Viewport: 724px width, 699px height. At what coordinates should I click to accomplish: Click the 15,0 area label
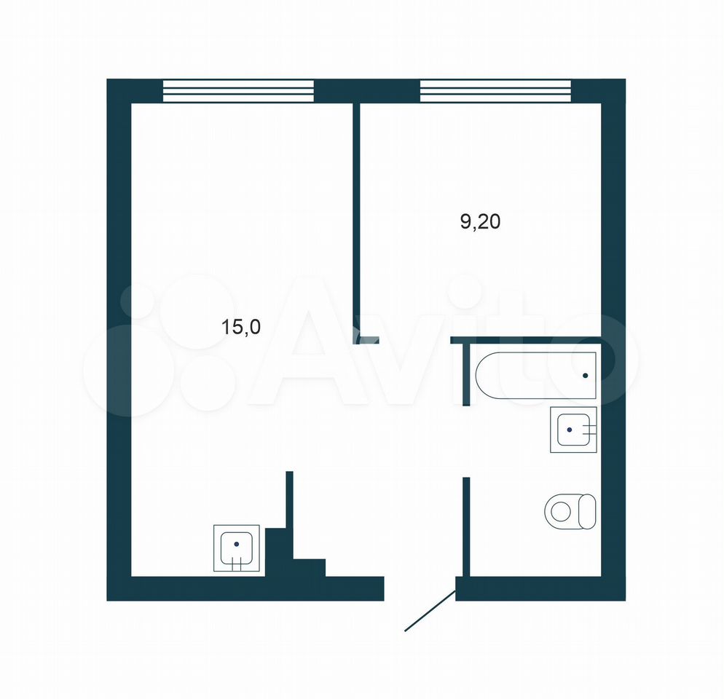[241, 327]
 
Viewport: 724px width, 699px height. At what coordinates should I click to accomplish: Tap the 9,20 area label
[480, 222]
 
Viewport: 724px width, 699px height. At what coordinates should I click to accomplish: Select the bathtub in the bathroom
[535, 376]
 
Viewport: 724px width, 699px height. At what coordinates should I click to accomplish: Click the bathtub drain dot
[586, 376]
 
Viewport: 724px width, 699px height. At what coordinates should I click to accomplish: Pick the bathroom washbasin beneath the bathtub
[573, 430]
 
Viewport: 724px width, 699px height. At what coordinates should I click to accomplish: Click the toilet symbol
[571, 511]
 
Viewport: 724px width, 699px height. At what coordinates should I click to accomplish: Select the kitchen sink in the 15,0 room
[237, 548]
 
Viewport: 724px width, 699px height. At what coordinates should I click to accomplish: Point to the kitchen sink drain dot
[237, 544]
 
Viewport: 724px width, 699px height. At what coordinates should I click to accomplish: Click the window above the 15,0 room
[239, 91]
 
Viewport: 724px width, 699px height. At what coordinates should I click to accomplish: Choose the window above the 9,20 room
[495, 91]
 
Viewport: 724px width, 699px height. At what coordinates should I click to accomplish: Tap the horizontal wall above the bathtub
[526, 340]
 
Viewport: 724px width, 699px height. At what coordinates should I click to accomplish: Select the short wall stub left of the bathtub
[466, 374]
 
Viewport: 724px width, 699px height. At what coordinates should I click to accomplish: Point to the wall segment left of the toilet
[466, 526]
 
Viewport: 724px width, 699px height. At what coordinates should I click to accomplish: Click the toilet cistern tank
[587, 511]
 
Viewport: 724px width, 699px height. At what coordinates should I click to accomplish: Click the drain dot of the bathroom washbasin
[570, 430]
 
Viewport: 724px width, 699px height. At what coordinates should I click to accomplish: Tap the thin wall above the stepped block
[289, 499]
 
